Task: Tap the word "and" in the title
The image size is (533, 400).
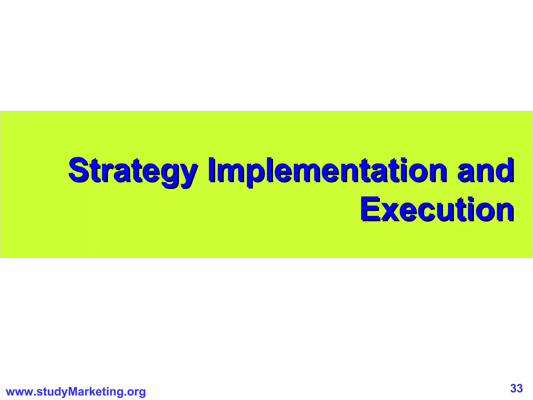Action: click(486, 171)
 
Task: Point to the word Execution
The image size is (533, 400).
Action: click(437, 210)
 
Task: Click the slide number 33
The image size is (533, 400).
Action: click(516, 388)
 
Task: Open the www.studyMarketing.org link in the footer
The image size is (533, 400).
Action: click(76, 392)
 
